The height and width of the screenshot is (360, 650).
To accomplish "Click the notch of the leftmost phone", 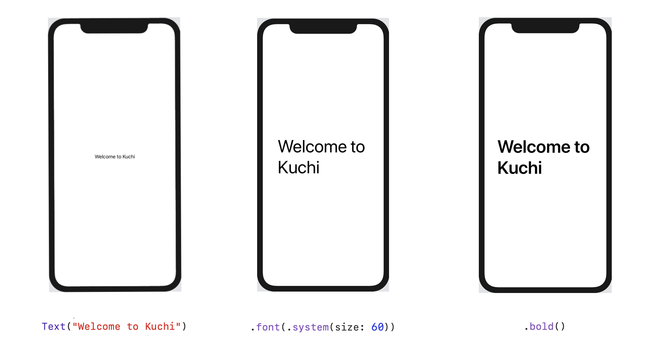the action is [x=114, y=28].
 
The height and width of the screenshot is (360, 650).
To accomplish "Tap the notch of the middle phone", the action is [x=323, y=28].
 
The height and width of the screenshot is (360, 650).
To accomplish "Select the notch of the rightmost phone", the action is [x=545, y=28].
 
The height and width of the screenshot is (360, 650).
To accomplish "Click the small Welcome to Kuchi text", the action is [x=115, y=156].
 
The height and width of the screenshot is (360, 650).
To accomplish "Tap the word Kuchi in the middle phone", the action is [x=299, y=168].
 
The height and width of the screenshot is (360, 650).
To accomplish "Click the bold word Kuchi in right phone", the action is [x=520, y=168].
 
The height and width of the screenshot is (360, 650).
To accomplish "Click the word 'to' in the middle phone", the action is [x=357, y=147].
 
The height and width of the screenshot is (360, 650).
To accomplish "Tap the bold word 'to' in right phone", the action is [x=582, y=147].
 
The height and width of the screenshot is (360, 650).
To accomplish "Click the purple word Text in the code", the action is [x=54, y=327].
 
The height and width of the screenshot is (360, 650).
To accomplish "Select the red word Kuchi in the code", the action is [x=160, y=327].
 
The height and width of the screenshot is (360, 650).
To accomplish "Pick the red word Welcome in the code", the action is [x=99, y=327].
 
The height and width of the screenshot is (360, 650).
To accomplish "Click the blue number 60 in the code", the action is [x=377, y=327].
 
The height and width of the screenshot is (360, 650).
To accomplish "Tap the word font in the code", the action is [x=268, y=327].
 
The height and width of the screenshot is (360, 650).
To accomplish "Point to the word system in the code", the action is [x=311, y=327].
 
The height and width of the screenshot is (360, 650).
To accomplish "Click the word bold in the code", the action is [x=541, y=327].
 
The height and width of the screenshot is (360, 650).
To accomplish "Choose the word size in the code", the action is [x=347, y=327].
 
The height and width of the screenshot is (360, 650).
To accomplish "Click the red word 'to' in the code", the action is [x=133, y=327].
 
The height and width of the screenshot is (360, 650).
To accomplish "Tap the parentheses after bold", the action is [x=560, y=327].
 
